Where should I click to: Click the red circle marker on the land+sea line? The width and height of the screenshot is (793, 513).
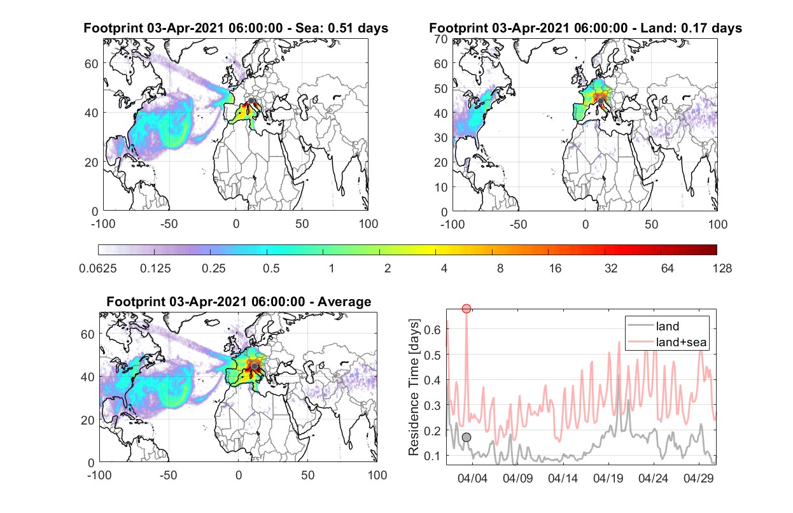pos(467,308)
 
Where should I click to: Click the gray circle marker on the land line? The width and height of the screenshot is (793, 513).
pos(467,437)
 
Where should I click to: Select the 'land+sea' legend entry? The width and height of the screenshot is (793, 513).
pos(667,342)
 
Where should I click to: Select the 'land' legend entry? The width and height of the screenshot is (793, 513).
pos(653,326)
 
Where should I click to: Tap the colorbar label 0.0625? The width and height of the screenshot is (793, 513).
pos(98,269)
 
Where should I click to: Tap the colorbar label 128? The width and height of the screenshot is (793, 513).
pos(722,269)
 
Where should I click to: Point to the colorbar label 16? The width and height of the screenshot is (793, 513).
pos(555,269)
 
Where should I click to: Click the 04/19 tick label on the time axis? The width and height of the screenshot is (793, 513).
pos(608,478)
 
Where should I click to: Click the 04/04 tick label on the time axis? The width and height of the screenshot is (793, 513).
pos(473,478)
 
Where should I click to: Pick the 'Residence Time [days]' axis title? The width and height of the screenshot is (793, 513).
pos(414,388)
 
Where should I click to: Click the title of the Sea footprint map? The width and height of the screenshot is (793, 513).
pos(235,28)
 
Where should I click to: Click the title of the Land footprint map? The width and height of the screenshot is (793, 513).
pos(586,28)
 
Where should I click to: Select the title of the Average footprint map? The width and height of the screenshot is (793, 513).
pos(239,302)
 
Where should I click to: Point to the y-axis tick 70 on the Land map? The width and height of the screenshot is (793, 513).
pos(441,39)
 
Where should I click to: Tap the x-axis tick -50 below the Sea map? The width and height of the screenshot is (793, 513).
pos(169,224)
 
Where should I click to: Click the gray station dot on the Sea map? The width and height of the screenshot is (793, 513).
pos(251,101)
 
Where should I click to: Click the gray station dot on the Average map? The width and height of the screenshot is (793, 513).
pos(255,366)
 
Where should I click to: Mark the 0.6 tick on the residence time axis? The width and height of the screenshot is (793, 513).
pos(432,330)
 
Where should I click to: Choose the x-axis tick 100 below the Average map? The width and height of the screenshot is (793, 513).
pos(377,475)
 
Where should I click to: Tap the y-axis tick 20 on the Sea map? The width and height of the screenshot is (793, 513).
pos(92,162)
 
